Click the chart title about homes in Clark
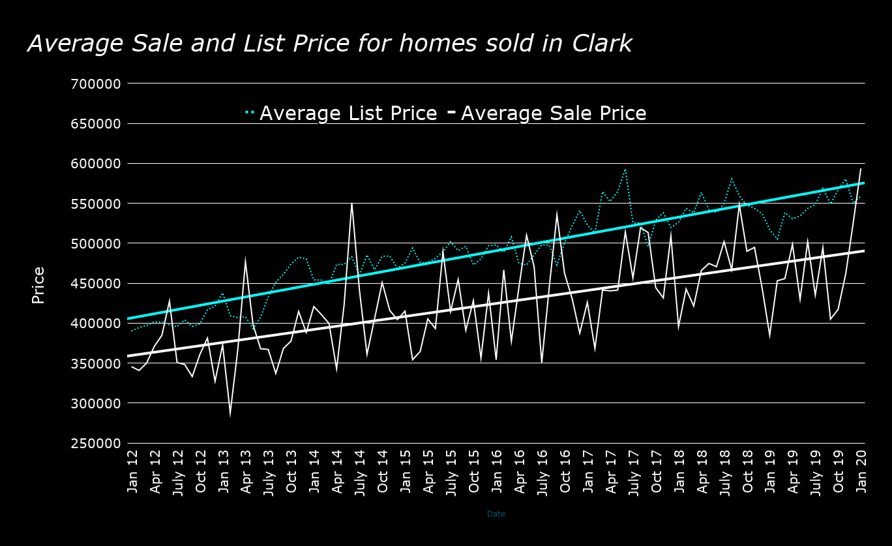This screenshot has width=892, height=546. tap(330, 44)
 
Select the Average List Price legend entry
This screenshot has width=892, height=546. tap(348, 114)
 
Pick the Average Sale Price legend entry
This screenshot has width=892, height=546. tap(554, 114)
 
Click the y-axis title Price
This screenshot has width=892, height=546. tap(38, 285)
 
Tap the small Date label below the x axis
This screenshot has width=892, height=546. tap(496, 514)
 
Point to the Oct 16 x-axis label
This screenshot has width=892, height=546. tap(565, 472)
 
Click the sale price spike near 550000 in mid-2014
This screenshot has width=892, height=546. tap(352, 203)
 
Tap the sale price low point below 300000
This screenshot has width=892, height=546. tap(230, 414)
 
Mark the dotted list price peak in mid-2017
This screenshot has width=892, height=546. tap(625, 170)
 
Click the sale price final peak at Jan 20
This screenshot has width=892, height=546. tap(861, 169)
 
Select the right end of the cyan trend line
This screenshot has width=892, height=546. tap(863, 183)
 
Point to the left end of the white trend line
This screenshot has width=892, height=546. tap(128, 356)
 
